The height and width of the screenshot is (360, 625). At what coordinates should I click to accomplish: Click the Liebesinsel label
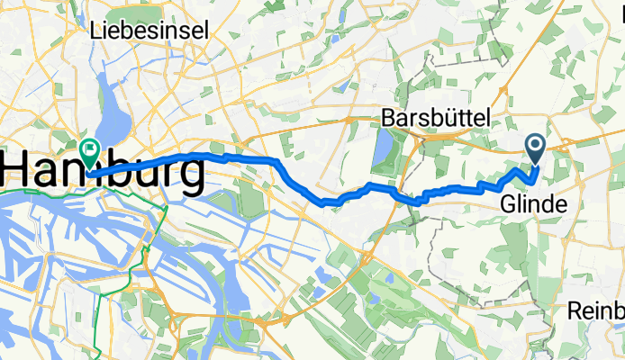[150, 30]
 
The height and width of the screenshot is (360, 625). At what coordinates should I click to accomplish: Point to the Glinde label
[534, 205]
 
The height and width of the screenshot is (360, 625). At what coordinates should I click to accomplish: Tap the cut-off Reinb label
[596, 310]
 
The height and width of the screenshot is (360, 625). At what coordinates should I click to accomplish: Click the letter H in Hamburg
[20, 171]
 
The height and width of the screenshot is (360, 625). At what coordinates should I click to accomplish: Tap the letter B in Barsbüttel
[389, 118]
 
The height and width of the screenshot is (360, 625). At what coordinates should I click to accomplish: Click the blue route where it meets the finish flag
[94, 172]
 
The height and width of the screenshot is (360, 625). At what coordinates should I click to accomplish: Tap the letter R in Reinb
[575, 310]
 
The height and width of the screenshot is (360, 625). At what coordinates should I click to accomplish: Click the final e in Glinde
[560, 205]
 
